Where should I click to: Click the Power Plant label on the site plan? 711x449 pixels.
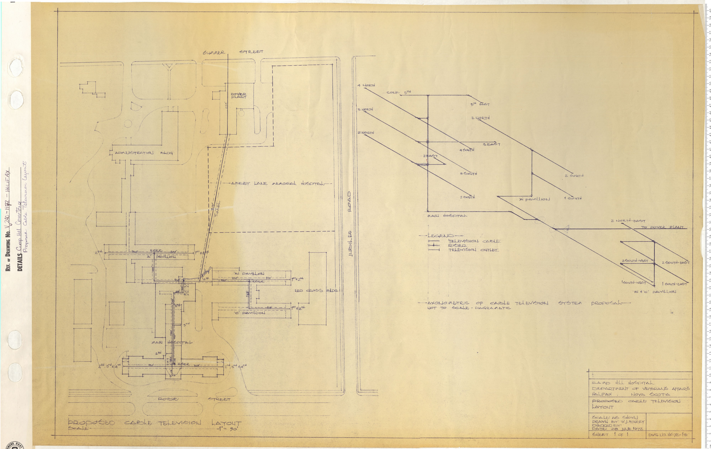coord(239,96)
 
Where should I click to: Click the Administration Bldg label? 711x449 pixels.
coord(144,153)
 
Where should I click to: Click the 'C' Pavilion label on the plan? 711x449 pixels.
coord(250,313)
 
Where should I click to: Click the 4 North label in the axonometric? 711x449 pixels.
coord(366,85)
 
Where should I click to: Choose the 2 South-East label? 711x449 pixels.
coord(675,262)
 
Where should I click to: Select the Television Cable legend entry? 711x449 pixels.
coord(474,241)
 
